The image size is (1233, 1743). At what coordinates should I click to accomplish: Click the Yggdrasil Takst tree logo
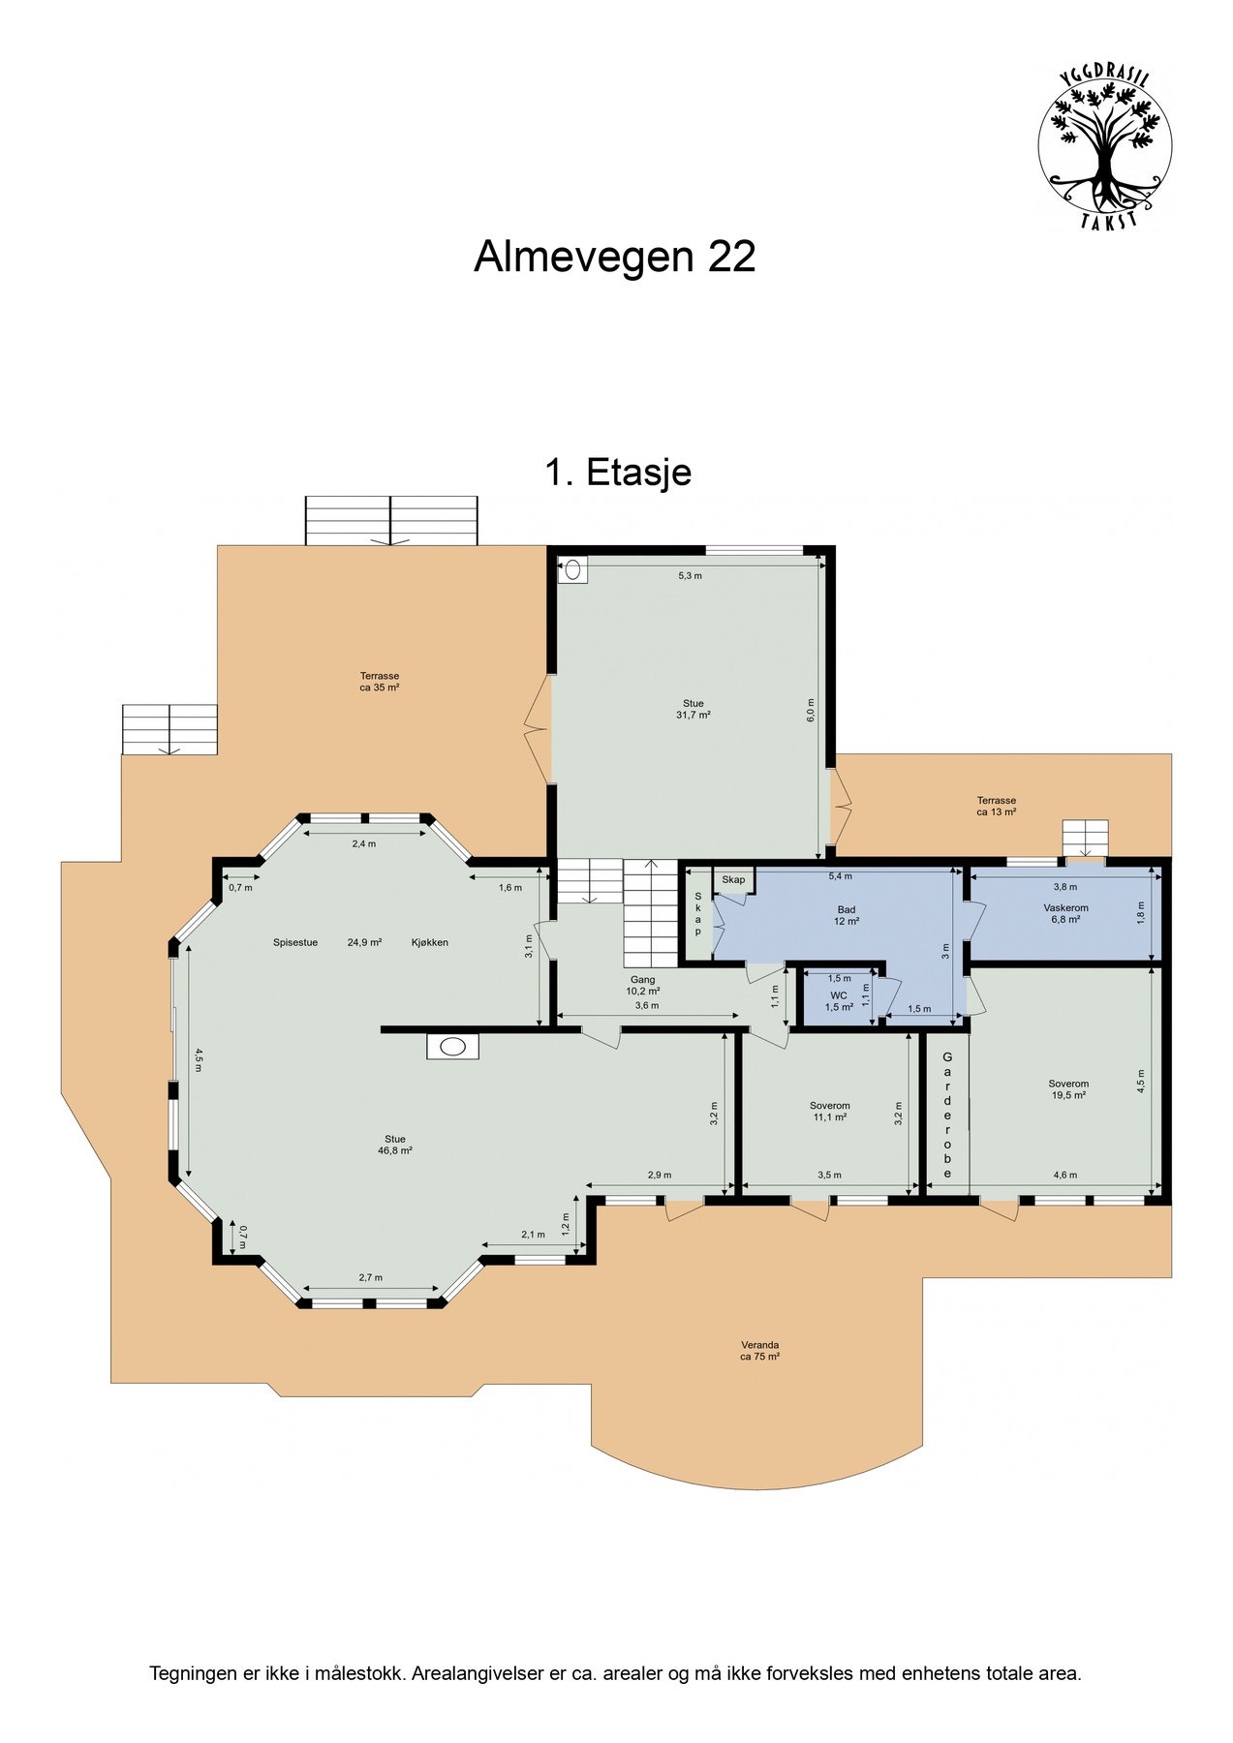tap(1104, 147)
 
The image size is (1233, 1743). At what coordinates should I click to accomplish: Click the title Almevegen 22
tap(614, 258)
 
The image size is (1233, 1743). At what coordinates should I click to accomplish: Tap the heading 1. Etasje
tap(617, 473)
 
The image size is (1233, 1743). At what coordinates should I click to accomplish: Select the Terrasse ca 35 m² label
tap(380, 682)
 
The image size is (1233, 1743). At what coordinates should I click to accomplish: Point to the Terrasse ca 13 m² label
tap(996, 807)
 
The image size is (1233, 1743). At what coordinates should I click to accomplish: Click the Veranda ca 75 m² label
tap(760, 1351)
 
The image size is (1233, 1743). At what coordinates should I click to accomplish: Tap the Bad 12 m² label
tap(847, 915)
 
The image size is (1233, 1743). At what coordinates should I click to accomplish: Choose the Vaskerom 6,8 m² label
tap(1065, 914)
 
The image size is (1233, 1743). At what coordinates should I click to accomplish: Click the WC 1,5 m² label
tap(839, 1001)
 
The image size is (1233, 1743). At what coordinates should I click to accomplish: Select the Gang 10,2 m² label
tap(643, 986)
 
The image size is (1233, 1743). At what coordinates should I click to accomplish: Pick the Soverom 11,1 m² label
tap(830, 1111)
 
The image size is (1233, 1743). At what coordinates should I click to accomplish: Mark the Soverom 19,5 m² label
tap(1068, 1089)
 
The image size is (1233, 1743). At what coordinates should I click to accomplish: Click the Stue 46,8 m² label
tap(394, 1145)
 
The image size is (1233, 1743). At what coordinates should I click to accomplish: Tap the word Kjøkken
tap(429, 942)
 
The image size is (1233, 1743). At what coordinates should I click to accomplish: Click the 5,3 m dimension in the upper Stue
tap(690, 576)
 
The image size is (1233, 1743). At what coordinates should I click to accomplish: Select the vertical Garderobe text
tap(947, 1115)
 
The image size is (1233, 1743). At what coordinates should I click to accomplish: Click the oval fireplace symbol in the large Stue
tap(452, 1046)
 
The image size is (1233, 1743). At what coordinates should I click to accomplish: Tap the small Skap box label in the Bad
tap(733, 879)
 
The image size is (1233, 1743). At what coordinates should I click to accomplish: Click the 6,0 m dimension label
tap(812, 709)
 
